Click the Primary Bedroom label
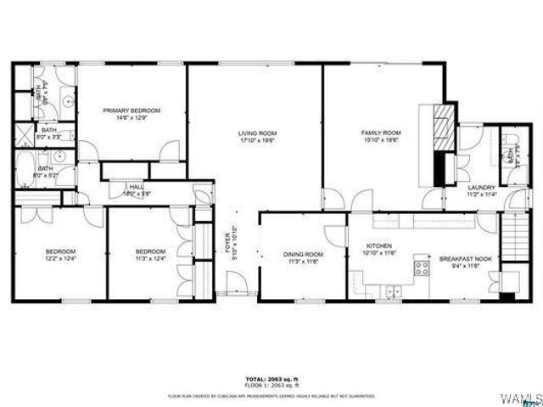click(x=132, y=110)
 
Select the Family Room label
click(x=381, y=133)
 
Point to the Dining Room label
click(x=303, y=254)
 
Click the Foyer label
click(x=227, y=247)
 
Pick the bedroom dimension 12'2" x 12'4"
click(x=60, y=259)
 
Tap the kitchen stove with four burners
click(x=421, y=270)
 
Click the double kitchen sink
click(x=393, y=291)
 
